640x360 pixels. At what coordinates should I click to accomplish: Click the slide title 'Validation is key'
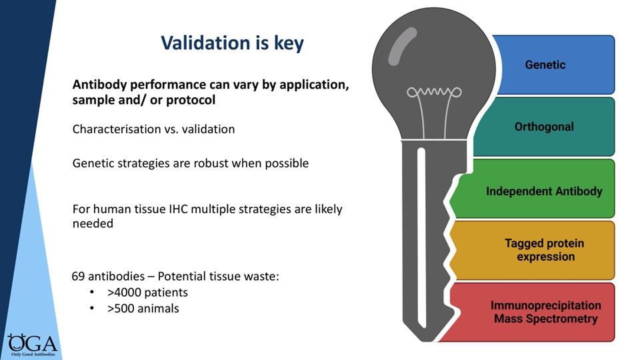(x=232, y=43)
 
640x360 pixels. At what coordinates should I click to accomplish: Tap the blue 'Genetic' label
(x=545, y=65)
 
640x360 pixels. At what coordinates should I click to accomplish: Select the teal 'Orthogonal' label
(x=544, y=127)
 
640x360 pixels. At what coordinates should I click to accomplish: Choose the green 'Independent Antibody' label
(x=544, y=191)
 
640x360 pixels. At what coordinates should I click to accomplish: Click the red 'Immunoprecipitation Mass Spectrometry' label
(x=545, y=312)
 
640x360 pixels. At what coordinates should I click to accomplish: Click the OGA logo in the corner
(x=31, y=343)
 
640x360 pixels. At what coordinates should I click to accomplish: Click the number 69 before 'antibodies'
(x=78, y=275)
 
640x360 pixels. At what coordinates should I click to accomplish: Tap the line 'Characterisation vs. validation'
(x=153, y=129)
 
